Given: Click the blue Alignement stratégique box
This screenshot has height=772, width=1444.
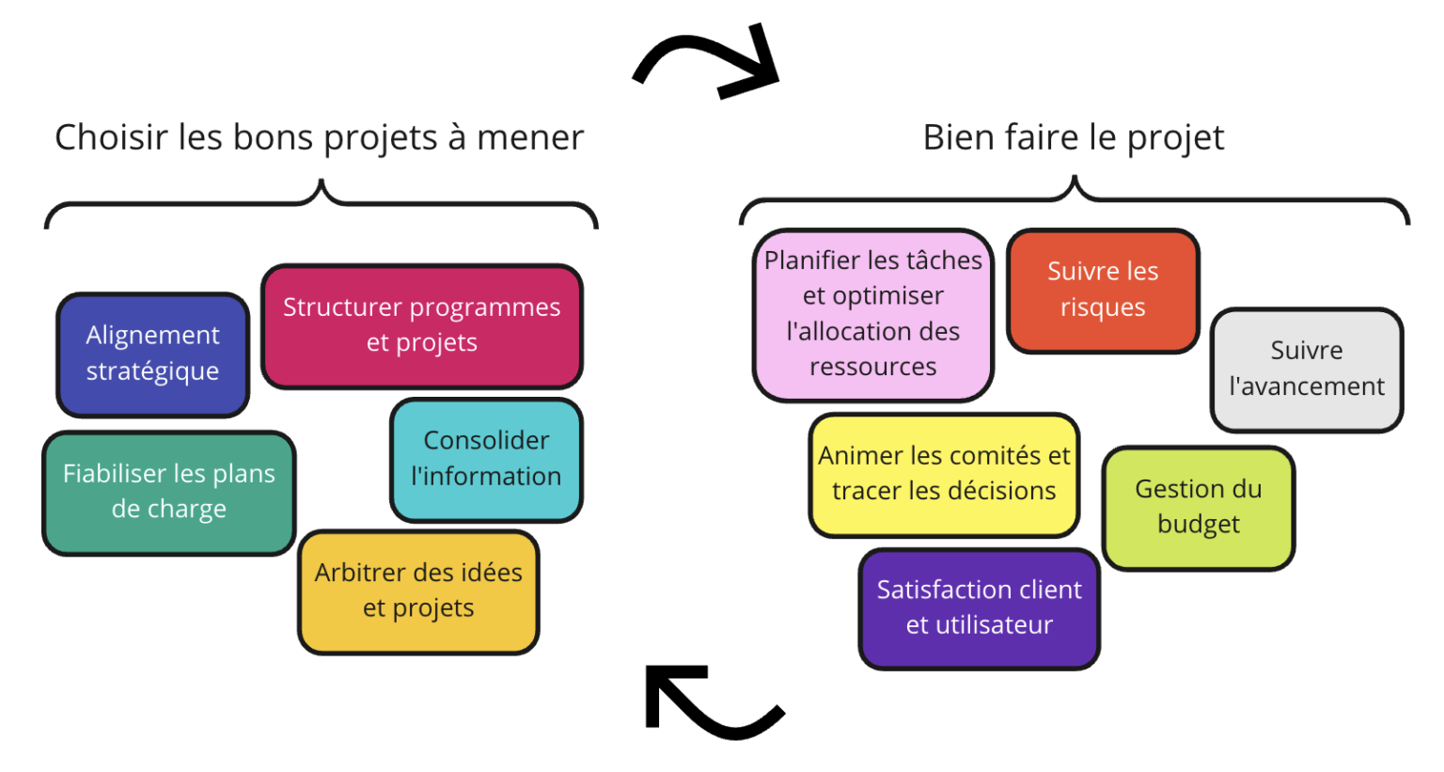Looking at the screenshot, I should coord(152,354).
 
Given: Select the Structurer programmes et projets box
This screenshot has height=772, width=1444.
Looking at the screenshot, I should coord(421,325).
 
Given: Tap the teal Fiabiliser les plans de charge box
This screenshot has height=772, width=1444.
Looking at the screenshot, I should coord(169,492).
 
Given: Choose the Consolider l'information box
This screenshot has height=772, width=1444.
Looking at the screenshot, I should coord(486,459).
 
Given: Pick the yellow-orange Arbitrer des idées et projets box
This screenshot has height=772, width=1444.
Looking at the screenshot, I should coord(418,591).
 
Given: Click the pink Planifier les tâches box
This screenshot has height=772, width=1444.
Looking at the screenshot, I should coord(872,314).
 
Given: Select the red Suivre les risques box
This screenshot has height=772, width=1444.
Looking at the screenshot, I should coord(1103,290).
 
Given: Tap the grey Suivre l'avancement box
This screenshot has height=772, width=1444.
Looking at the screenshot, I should coord(1306,369).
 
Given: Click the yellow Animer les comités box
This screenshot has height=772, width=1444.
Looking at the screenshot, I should coord(944,474).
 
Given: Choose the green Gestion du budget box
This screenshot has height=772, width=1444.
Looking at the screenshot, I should coord(1198,507).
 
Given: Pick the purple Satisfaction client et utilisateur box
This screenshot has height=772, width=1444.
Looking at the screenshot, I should coord(979,607).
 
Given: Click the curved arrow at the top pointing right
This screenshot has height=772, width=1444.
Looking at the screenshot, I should coord(711,62).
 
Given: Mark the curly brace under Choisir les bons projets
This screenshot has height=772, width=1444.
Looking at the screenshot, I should coord(321,202).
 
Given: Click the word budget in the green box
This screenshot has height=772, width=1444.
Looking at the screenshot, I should coord(1198,525).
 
